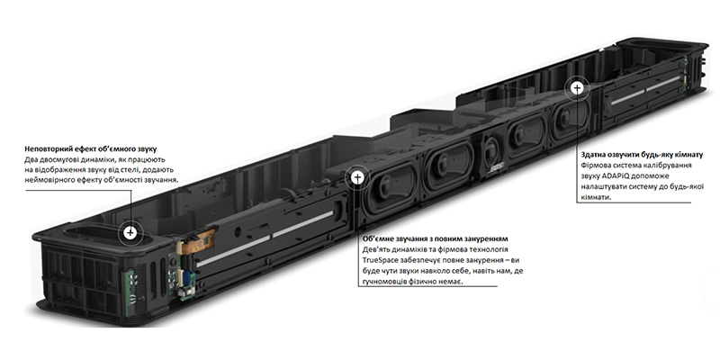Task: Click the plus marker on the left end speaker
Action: [130, 233]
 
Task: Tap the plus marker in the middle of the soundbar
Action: [357, 177]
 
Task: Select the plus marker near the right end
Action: [577, 88]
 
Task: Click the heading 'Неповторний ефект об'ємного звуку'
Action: [91, 149]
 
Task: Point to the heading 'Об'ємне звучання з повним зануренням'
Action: [436, 239]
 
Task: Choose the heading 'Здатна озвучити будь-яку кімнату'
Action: [642, 154]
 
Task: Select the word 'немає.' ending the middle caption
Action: [452, 282]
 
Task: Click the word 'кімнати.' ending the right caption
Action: [596, 197]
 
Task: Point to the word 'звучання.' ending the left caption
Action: [162, 180]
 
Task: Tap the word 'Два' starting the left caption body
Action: [31, 160]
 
